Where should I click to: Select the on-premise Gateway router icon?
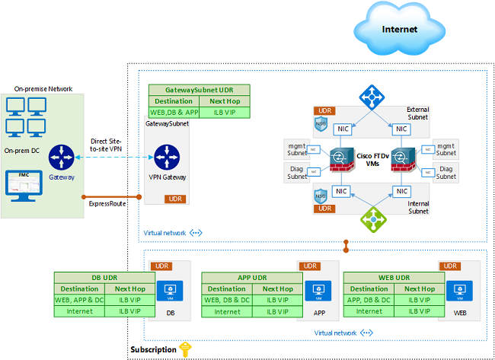(61, 158)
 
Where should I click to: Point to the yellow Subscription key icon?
(184, 349)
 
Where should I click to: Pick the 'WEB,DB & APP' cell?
(174, 113)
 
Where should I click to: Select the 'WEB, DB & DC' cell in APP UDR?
(227, 300)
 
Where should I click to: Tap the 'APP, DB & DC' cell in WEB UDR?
(369, 300)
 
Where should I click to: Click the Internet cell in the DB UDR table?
(80, 311)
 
